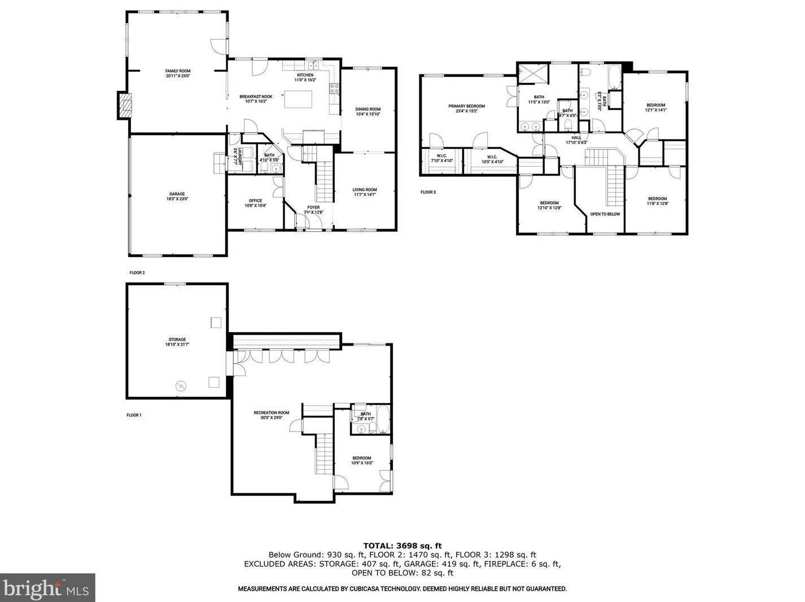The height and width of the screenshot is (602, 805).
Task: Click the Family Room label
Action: [x=178, y=73]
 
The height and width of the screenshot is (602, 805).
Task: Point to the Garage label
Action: [x=177, y=197]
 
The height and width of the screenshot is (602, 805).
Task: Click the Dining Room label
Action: [x=368, y=112]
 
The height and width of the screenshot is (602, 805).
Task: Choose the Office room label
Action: [x=255, y=203]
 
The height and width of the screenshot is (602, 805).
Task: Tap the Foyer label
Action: [x=313, y=210]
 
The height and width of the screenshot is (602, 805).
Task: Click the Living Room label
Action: [x=365, y=192]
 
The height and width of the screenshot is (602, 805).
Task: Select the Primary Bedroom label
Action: [x=466, y=108]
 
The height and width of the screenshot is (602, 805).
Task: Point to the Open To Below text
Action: [x=605, y=215]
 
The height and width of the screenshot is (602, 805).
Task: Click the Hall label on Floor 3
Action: [x=576, y=140]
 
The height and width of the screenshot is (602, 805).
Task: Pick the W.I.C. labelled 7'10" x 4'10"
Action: [x=441, y=159]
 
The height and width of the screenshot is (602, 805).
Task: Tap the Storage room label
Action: [x=177, y=342]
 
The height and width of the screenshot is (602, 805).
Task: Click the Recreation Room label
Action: [x=271, y=415]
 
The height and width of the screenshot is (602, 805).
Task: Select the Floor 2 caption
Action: [x=137, y=273]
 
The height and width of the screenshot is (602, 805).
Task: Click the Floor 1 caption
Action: [x=134, y=415]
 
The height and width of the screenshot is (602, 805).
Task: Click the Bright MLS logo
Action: [x=47, y=588]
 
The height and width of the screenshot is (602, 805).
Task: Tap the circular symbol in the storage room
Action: [x=181, y=386]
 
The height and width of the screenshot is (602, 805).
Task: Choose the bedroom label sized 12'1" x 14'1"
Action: [x=655, y=107]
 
